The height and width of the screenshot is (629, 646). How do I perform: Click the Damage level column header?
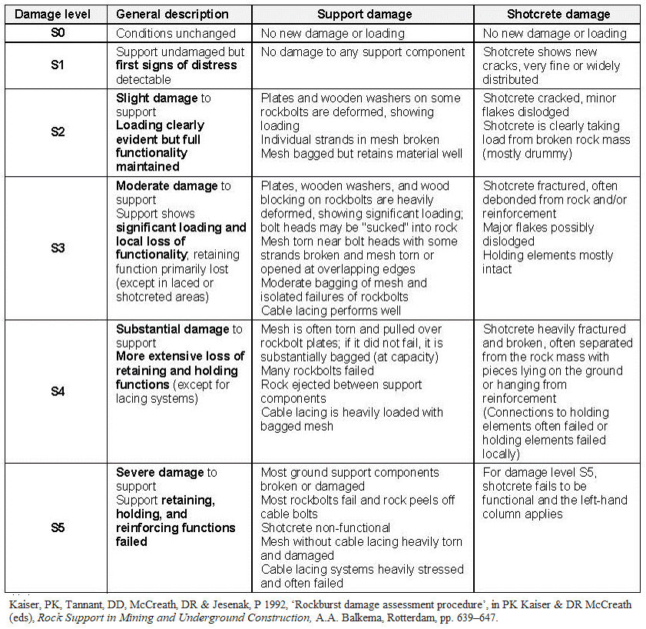[54, 14]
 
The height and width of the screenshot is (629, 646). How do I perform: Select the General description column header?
[172, 14]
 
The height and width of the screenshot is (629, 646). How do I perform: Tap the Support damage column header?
[364, 14]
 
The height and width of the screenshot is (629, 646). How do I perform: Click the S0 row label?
[57, 33]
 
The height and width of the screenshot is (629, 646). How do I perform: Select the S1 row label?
[57, 65]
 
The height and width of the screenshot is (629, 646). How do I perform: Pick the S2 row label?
[57, 131]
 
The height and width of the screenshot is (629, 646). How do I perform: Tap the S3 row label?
[57, 248]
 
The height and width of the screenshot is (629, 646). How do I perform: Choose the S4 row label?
[57, 391]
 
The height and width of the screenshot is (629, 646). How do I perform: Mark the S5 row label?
[57, 527]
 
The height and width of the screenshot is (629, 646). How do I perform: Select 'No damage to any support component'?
[363, 52]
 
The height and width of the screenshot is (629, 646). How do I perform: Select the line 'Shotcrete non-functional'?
[326, 527]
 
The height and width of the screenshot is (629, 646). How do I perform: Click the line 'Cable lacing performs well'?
[332, 311]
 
